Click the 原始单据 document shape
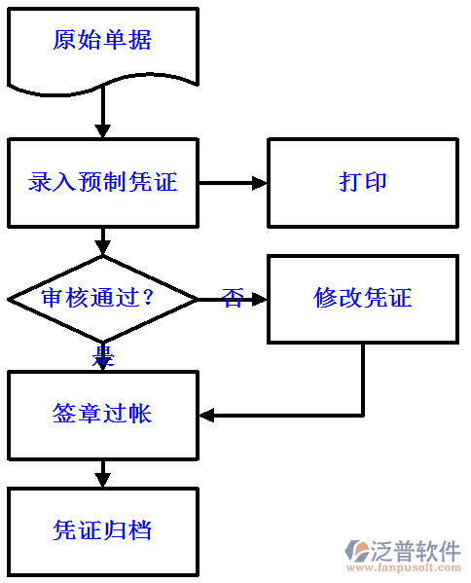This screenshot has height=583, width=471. (102, 41)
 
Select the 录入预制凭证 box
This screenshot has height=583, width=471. (102, 182)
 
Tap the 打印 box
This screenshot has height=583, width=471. (362, 182)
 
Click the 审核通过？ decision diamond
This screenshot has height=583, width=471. (102, 298)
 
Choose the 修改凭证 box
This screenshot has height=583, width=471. (362, 298)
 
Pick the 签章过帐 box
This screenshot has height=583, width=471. (102, 415)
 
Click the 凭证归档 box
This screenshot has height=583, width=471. (102, 530)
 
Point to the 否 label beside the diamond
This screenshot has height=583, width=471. (232, 298)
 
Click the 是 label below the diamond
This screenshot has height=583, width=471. (103, 356)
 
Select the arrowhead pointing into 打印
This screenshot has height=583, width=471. (259, 182)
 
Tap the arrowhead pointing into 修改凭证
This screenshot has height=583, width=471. (259, 299)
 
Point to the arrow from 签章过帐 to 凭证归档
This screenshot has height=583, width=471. (102, 474)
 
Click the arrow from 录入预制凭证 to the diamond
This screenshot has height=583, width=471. (102, 241)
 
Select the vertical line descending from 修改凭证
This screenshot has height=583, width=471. (363, 380)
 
